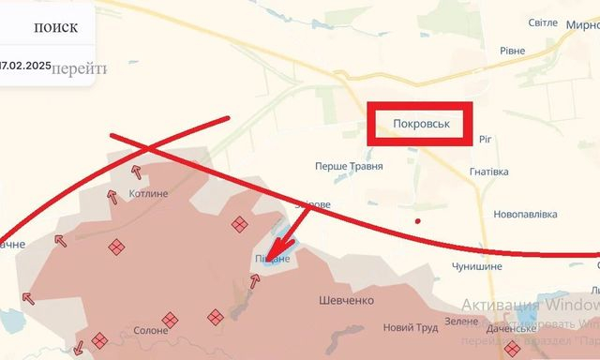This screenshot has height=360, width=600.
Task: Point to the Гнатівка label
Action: click(489, 172)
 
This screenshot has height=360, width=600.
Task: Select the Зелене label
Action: click(461, 322)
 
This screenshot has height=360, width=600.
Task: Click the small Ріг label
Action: click(485, 139)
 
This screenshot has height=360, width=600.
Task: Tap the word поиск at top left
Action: click(55, 27)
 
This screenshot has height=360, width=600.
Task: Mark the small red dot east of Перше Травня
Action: click(418, 221)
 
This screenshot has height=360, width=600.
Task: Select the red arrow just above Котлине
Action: click(137, 172)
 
